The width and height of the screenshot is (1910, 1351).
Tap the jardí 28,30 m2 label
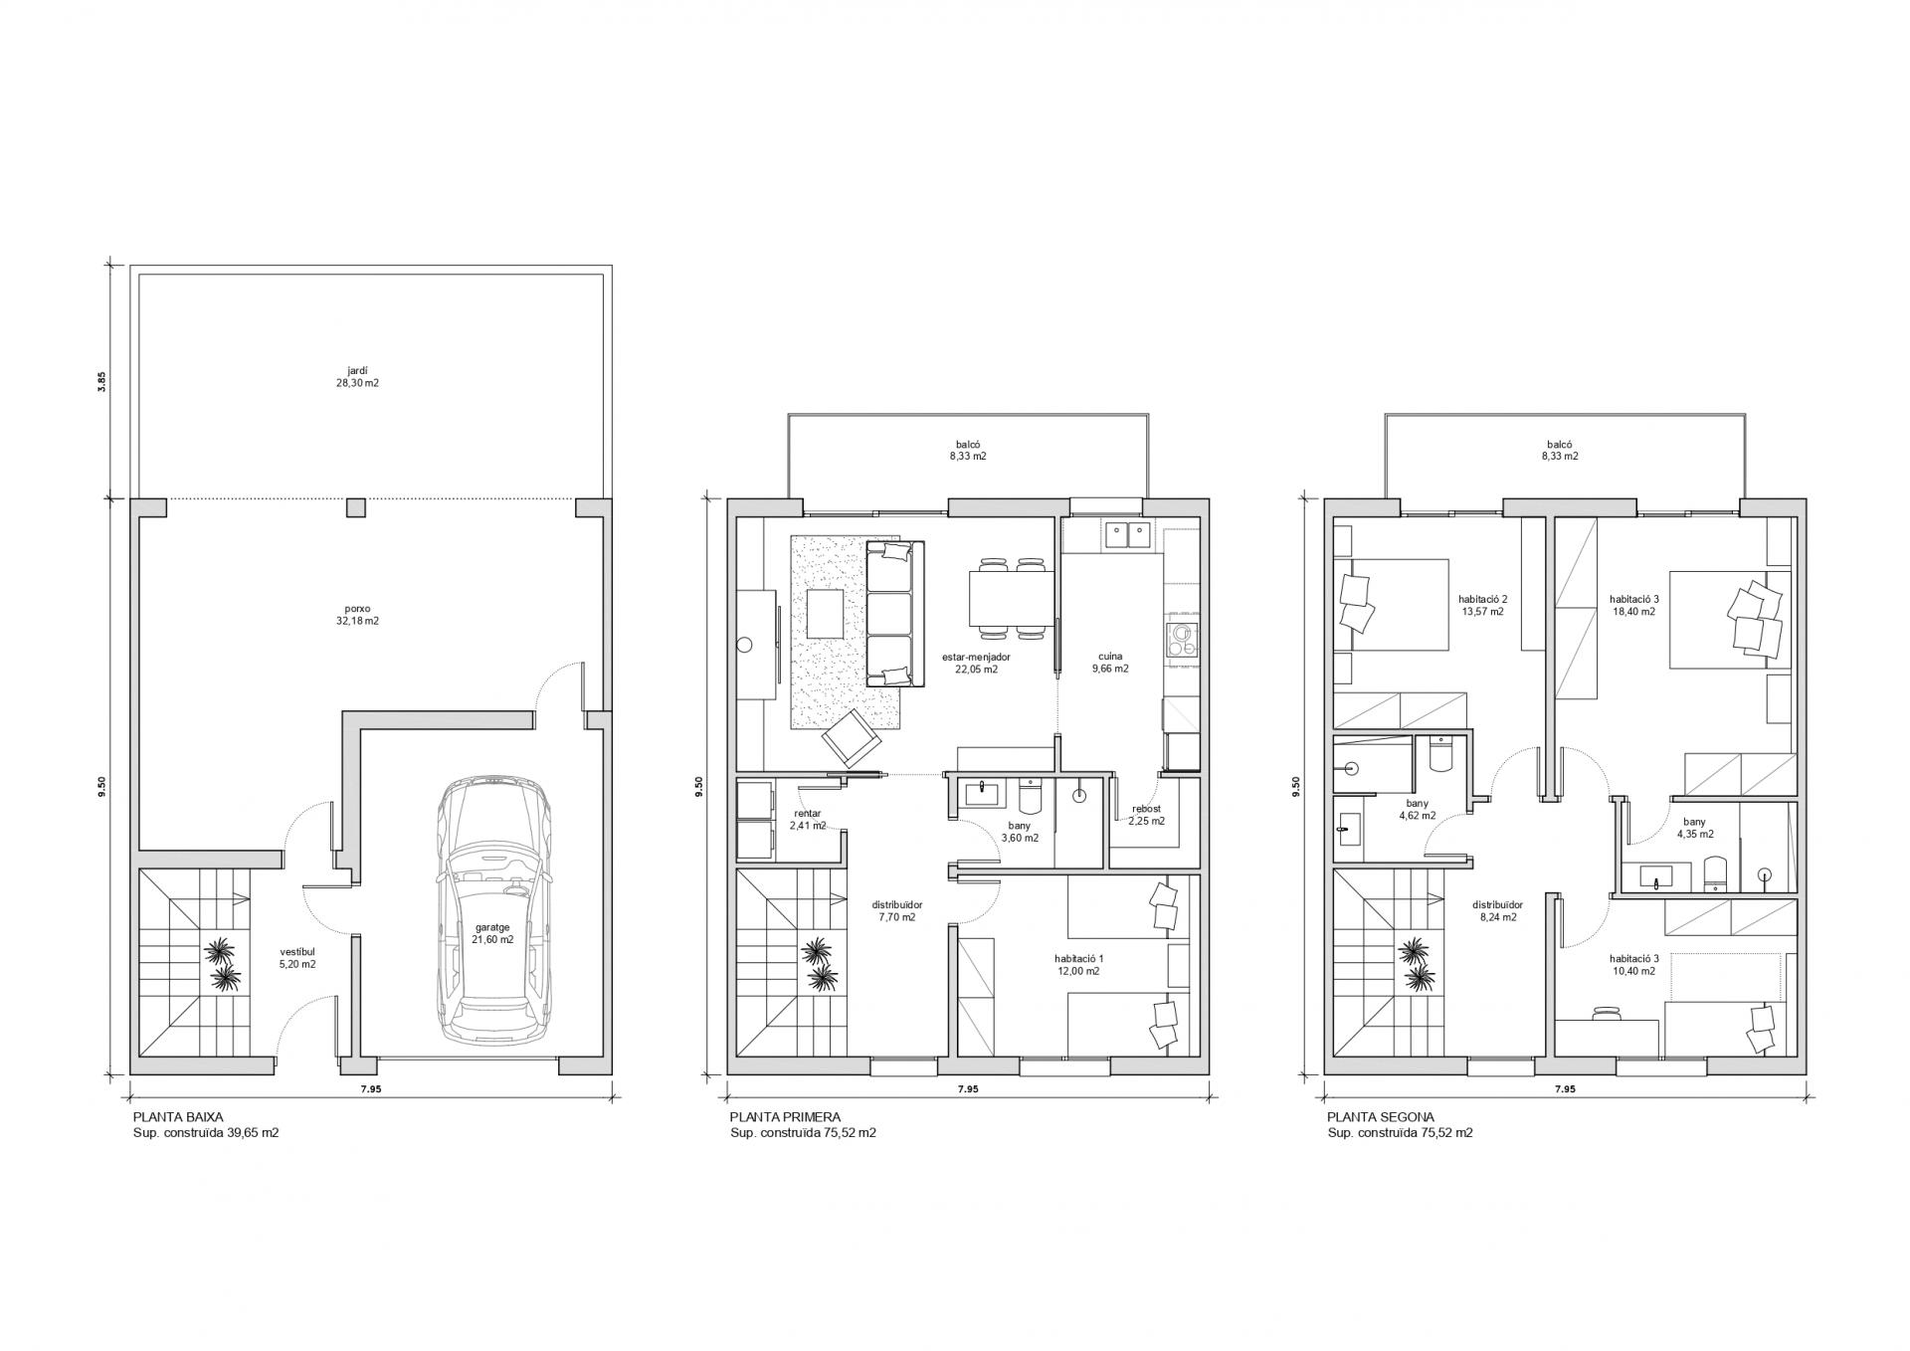[358, 376]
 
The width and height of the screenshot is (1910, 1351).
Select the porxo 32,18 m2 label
[358, 614]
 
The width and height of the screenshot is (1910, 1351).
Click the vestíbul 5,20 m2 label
[297, 957]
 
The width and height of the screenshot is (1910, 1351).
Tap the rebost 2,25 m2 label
[1146, 815]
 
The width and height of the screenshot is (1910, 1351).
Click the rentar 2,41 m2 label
[807, 819]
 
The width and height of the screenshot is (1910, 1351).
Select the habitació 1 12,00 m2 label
[1078, 965]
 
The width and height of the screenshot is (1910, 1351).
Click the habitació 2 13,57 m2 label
[1482, 605]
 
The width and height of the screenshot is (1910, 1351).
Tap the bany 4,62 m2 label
[1417, 809]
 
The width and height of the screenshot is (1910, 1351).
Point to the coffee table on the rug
[826, 614]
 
